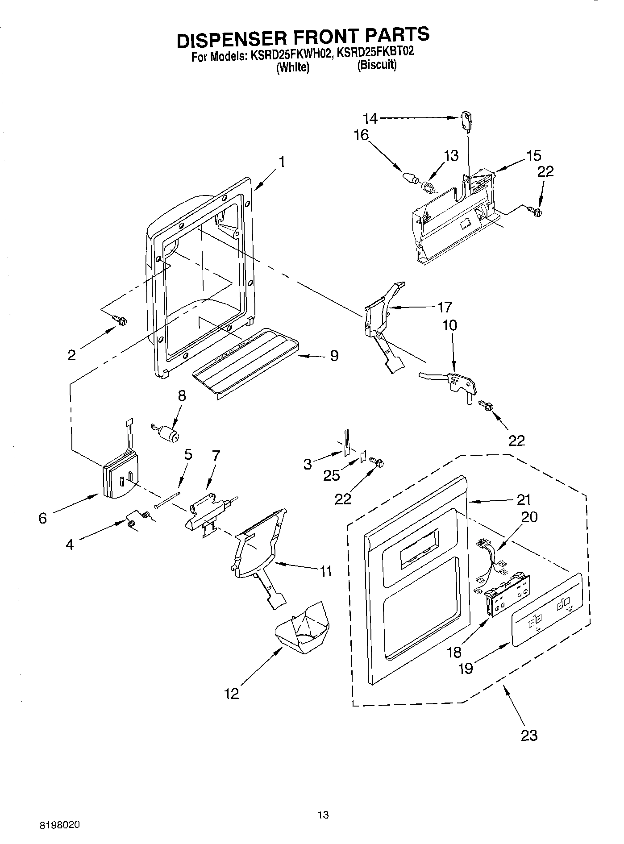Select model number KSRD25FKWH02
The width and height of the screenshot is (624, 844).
click(x=288, y=54)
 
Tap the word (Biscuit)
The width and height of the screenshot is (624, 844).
click(x=377, y=65)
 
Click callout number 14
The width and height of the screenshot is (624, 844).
click(x=370, y=118)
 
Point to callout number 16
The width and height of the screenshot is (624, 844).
click(x=361, y=135)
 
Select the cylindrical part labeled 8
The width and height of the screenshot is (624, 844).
click(x=168, y=433)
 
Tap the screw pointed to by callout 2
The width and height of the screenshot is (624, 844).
click(x=120, y=320)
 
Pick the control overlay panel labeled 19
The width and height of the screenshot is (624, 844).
click(x=547, y=610)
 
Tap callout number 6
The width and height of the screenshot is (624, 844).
click(x=42, y=518)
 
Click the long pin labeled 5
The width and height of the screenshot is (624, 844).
click(x=168, y=500)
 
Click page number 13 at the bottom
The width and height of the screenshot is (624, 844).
click(x=323, y=815)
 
